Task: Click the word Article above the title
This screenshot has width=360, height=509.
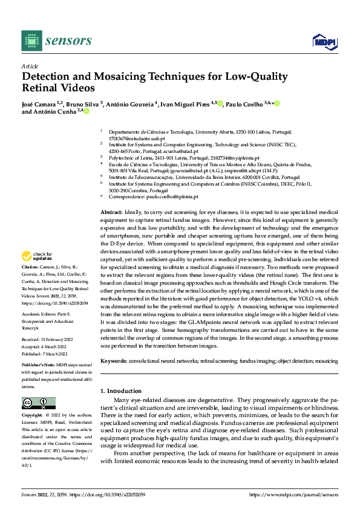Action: [30, 66]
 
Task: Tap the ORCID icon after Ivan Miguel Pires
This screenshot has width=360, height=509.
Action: [220, 104]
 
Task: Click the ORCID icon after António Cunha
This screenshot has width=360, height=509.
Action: [87, 111]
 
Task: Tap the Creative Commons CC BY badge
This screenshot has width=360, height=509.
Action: [38, 403]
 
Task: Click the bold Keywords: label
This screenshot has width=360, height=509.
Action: [114, 361]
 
